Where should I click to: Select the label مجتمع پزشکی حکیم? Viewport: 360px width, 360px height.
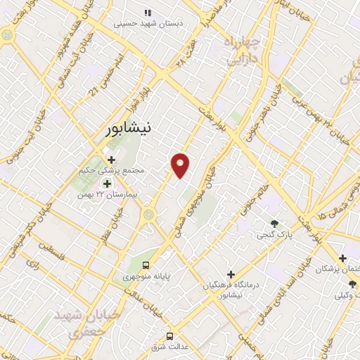pos(113,170)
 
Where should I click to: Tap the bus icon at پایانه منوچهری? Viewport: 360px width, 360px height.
pos(146,265)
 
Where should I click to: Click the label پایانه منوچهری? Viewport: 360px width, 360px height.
pos(146,276)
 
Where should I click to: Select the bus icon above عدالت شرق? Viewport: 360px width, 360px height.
pos(169,335)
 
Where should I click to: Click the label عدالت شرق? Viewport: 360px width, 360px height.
pos(168,347)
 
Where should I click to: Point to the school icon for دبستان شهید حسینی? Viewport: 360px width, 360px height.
pos(148,13)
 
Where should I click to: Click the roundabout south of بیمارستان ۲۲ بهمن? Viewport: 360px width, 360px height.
pos(148,214)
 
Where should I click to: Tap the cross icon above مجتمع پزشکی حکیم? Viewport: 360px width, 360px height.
pos(111,160)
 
